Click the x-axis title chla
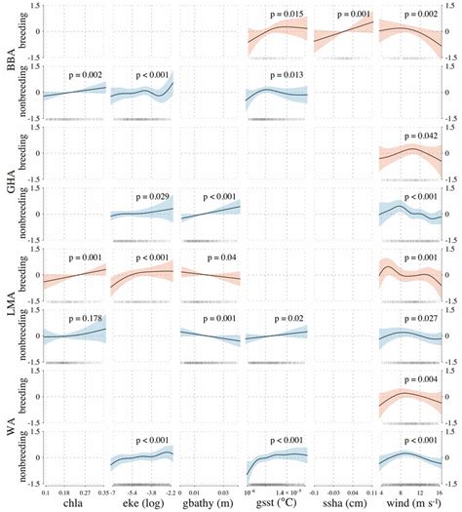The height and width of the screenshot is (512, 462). pyautogui.click(x=72, y=504)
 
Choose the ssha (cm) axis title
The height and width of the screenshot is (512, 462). pyautogui.click(x=341, y=504)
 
